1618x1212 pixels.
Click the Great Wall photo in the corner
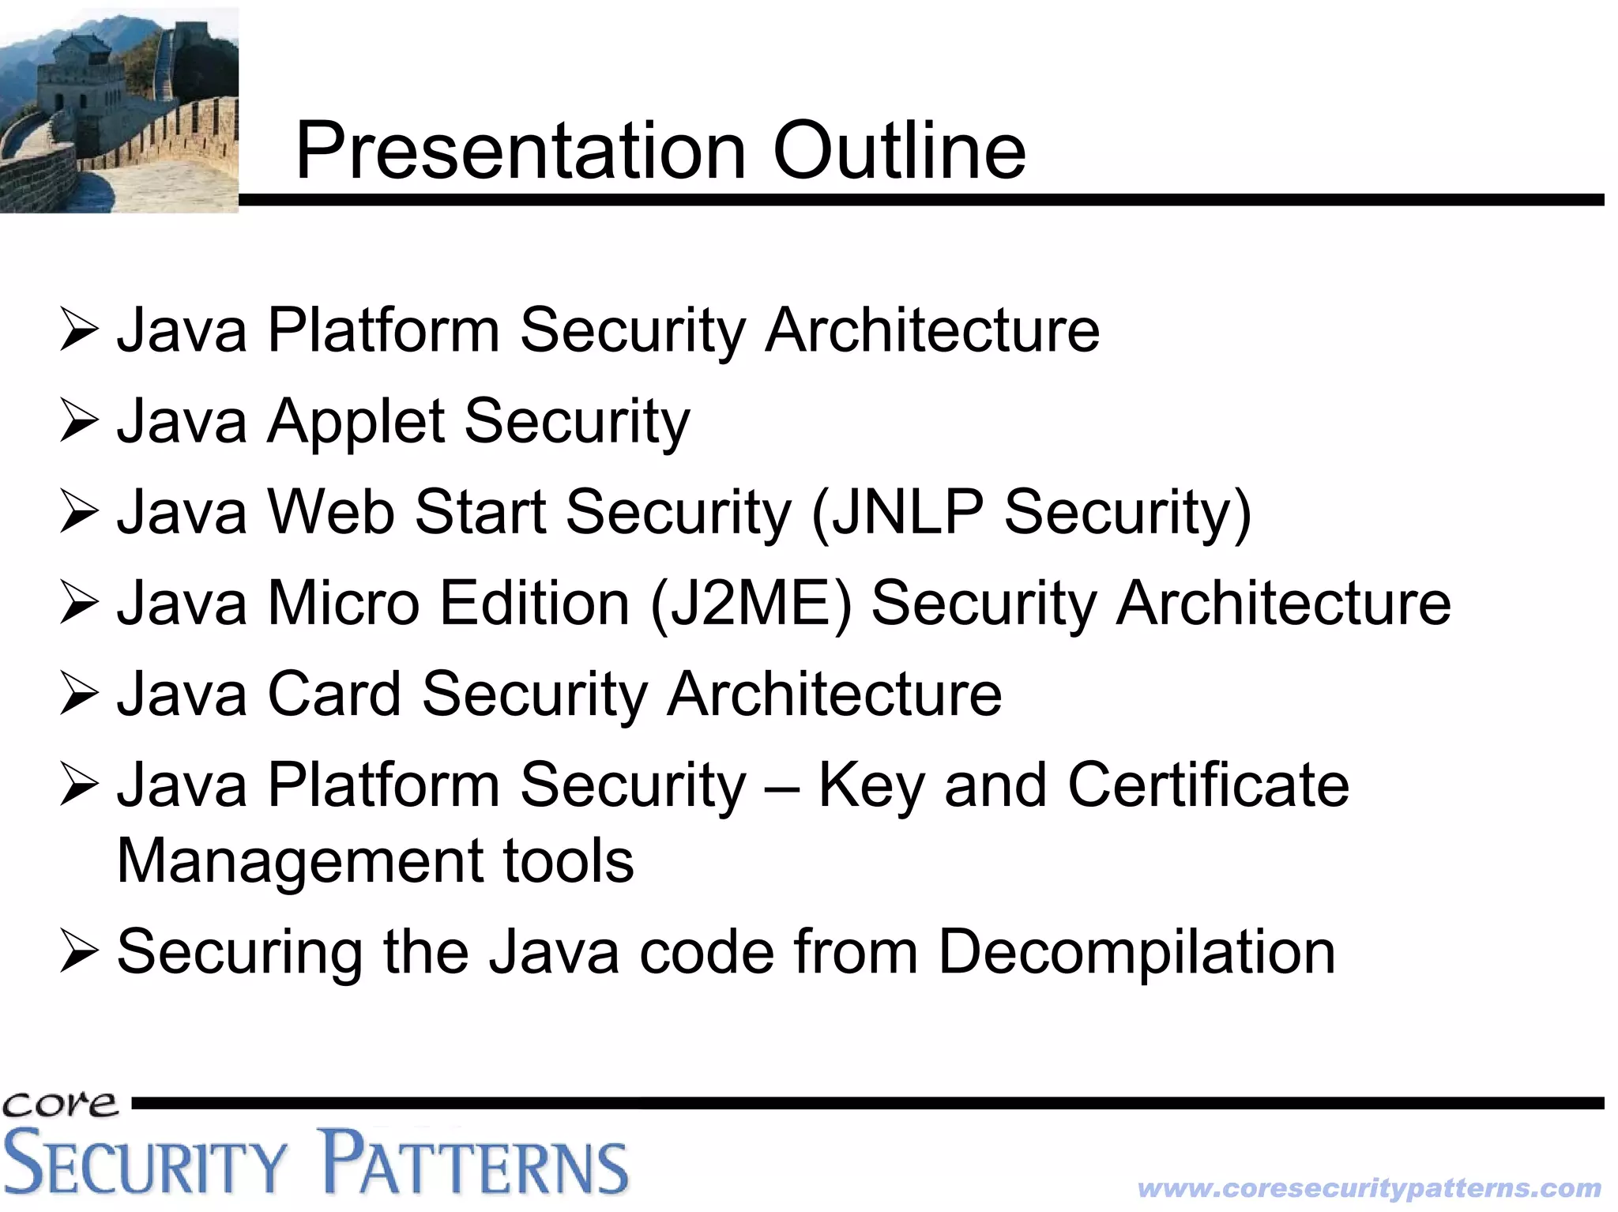point(119,109)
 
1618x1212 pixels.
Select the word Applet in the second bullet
point(356,422)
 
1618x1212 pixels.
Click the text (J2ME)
point(751,604)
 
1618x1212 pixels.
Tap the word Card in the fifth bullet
point(334,694)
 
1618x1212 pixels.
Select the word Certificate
point(1208,785)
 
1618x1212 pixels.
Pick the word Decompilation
point(1136,952)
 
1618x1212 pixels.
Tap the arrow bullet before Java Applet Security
point(79,422)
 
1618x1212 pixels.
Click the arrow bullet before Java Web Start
point(79,513)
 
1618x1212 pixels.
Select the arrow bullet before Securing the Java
point(79,952)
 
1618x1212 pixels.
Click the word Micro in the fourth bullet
point(344,604)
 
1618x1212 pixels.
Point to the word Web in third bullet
point(331,513)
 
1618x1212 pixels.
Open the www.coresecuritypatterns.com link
point(1368,1188)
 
